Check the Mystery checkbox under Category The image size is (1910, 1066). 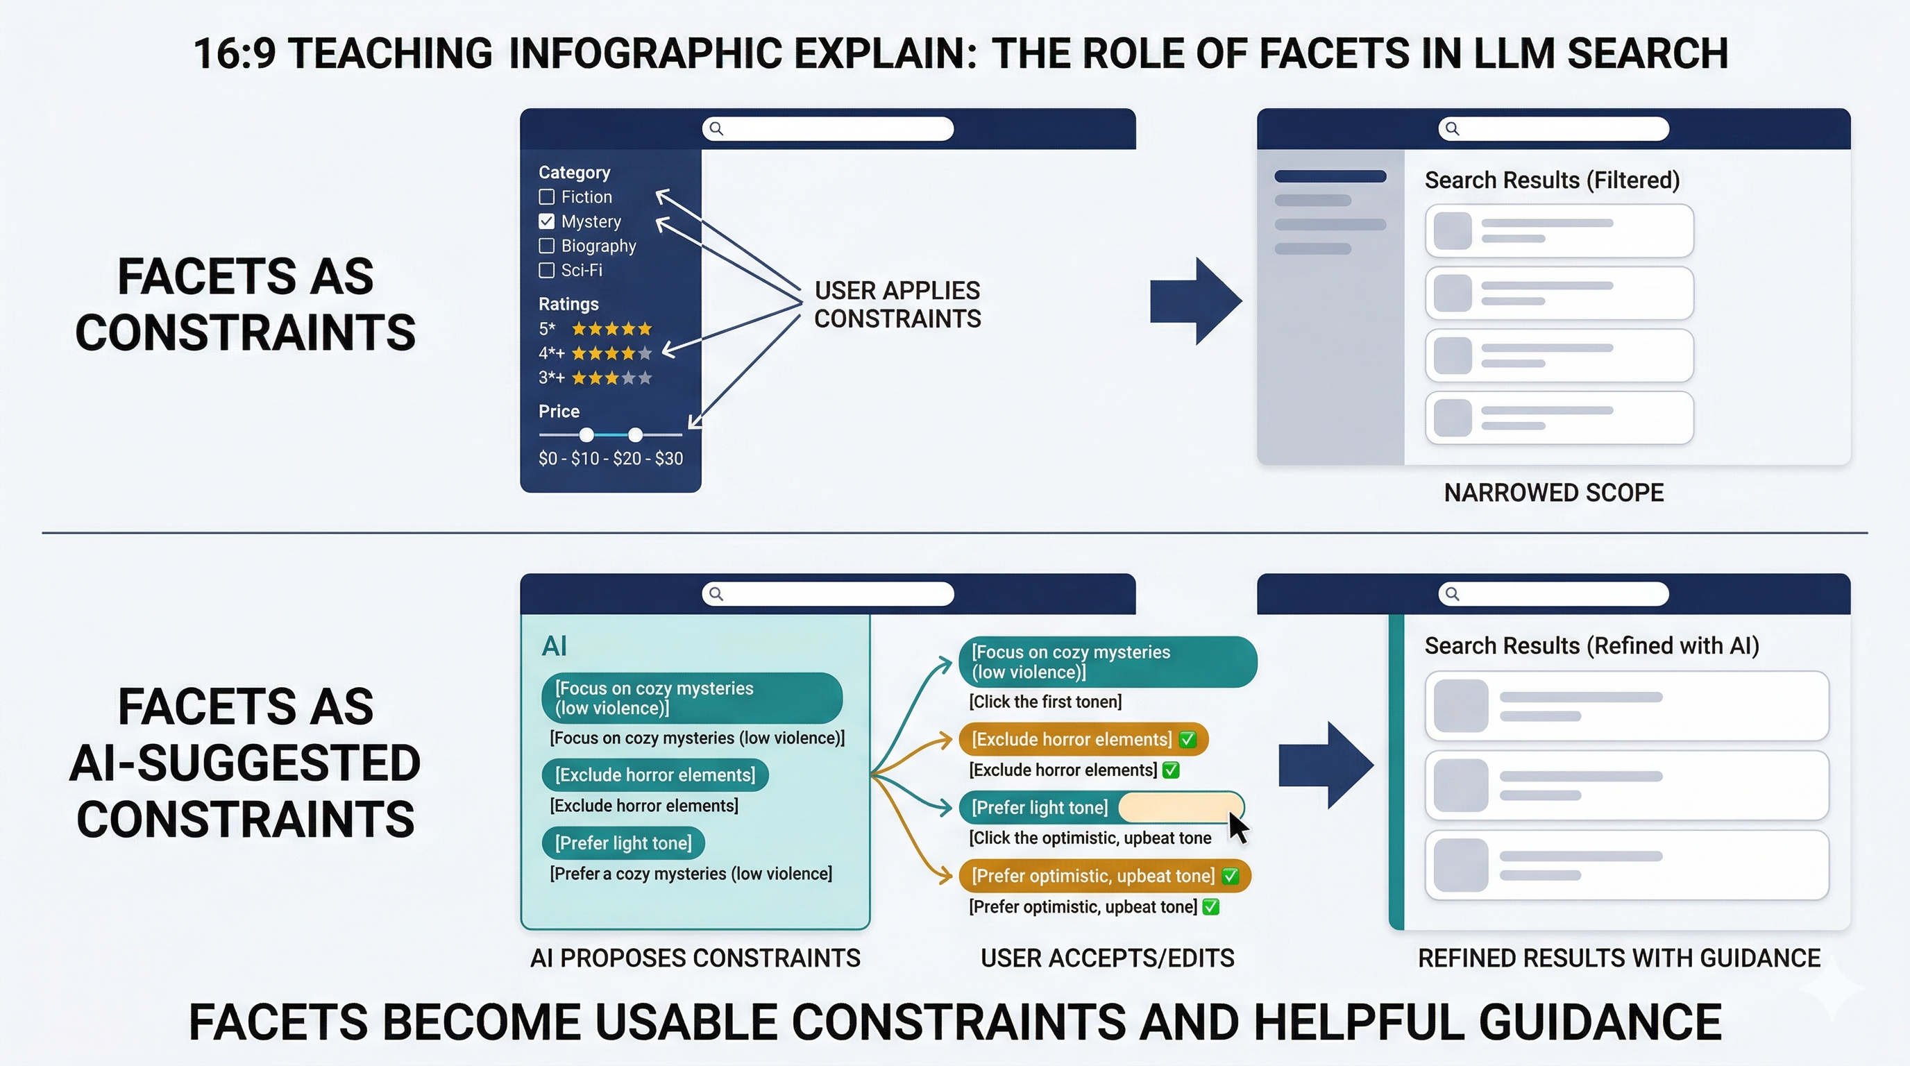coord(546,221)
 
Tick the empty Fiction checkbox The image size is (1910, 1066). coord(546,196)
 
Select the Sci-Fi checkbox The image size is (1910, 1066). coord(546,270)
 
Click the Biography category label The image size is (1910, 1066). coord(598,246)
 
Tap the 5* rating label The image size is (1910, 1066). coord(547,328)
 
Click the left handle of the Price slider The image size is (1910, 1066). coord(586,434)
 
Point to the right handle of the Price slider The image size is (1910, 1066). coord(636,434)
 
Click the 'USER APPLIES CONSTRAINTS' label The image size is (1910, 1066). coord(897,304)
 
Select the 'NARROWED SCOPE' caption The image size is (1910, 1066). coord(1553,492)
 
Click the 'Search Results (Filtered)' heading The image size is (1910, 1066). coord(1552,180)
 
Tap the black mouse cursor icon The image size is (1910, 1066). coord(1237,826)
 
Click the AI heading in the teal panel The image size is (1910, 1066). coord(554,645)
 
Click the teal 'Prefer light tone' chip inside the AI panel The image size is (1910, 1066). coord(623,843)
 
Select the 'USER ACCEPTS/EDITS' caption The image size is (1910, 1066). coord(1107,958)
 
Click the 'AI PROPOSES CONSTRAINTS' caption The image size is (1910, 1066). coord(695,958)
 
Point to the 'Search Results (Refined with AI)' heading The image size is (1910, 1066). coord(1591,645)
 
